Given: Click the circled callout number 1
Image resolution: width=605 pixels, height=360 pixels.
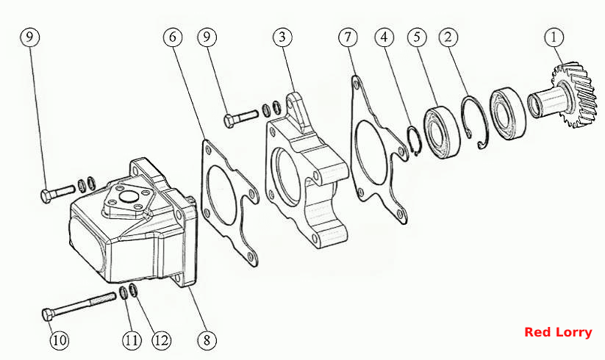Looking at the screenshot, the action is tap(554, 37).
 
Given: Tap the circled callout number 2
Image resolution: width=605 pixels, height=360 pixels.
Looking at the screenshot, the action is tap(448, 37).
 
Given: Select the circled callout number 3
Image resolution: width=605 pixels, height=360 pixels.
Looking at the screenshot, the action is tap(282, 37).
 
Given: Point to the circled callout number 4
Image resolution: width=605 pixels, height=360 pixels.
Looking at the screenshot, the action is tap(384, 37).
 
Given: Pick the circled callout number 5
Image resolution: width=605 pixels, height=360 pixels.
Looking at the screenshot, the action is tap(417, 37).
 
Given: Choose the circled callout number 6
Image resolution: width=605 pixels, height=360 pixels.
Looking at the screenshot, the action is tap(173, 37).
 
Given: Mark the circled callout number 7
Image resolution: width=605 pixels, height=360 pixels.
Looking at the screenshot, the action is tap(348, 37).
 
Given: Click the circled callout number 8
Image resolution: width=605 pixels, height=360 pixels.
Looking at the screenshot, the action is tap(207, 340).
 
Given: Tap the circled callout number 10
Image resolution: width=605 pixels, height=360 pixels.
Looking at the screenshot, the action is tap(60, 340).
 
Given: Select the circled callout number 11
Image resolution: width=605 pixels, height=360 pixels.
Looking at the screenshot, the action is tap(132, 340).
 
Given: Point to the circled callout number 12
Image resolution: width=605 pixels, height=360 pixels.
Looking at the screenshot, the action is tap(161, 340).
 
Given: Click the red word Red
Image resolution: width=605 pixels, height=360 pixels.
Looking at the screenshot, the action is tap(537, 332).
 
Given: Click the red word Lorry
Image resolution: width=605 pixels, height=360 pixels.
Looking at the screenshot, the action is tap(573, 333).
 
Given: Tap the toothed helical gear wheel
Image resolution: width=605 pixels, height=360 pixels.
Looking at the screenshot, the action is tap(572, 96).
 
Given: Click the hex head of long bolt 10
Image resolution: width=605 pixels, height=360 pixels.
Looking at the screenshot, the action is tap(48, 315).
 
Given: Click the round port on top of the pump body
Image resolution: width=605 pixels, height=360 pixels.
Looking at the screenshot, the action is tap(128, 198).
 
